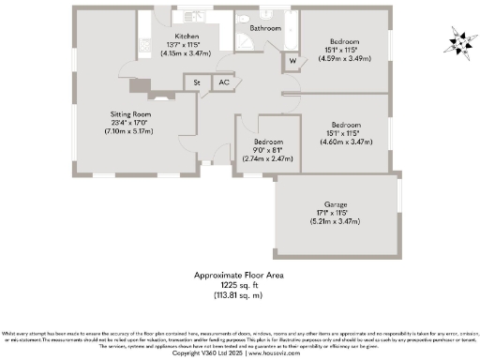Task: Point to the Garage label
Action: (336, 204)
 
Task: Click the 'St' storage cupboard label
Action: (198, 83)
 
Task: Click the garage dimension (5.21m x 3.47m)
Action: (336, 221)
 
